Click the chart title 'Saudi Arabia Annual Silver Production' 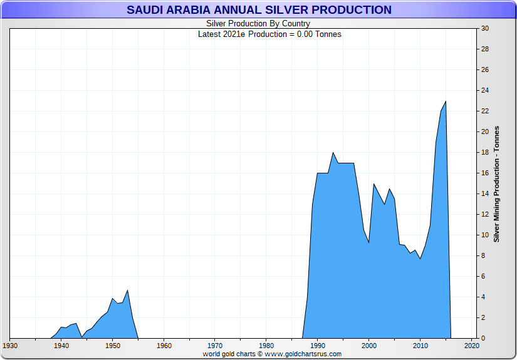coord(258,10)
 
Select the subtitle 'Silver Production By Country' coord(258,24)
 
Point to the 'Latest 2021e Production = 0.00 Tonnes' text coord(269,34)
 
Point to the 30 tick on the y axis coord(485,29)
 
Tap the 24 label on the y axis coord(485,91)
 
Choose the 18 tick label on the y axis coord(485,153)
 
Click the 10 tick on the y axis coord(485,235)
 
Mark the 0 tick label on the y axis coord(483,339)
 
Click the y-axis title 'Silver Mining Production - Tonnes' coord(496,183)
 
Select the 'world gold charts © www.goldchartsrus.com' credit coord(272,354)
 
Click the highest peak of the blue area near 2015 coord(446,101)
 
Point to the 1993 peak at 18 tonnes coord(333,153)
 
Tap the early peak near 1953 coord(127,291)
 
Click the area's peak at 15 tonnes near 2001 coord(374,184)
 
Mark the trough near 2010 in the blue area coord(420,259)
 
